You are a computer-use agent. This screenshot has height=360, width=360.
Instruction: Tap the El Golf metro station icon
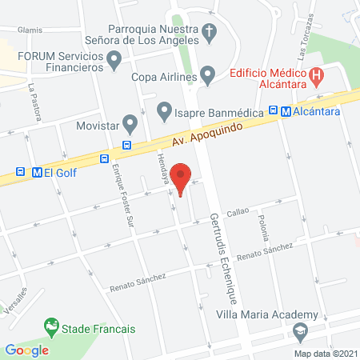coord(36,171)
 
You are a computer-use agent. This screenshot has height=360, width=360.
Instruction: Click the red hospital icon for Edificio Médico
coord(318,77)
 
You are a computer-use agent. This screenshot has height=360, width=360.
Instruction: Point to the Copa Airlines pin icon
coord(208,77)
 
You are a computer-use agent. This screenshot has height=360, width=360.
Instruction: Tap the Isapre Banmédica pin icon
coord(164,108)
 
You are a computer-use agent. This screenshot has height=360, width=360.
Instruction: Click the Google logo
coord(27,350)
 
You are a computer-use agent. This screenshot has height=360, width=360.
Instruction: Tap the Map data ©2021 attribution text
coord(325,353)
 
